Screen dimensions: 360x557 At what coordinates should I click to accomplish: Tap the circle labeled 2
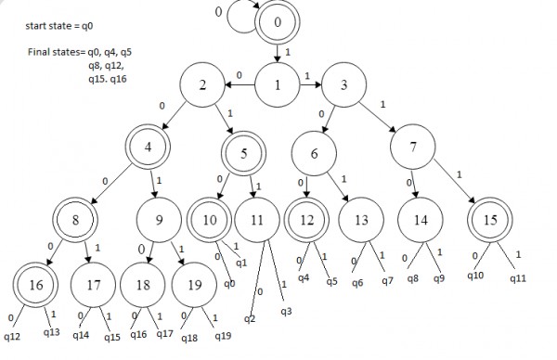point(203,87)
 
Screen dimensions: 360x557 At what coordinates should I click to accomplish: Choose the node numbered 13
point(361,221)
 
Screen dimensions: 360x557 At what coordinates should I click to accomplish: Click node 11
point(257,221)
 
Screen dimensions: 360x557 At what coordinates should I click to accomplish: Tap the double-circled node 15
point(489,221)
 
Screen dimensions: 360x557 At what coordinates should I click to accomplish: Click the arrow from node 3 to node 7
point(379,116)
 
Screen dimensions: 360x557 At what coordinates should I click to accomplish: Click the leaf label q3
point(286,311)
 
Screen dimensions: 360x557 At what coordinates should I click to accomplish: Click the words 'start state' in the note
point(42,29)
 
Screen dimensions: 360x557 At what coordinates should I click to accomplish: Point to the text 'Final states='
point(58,53)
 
